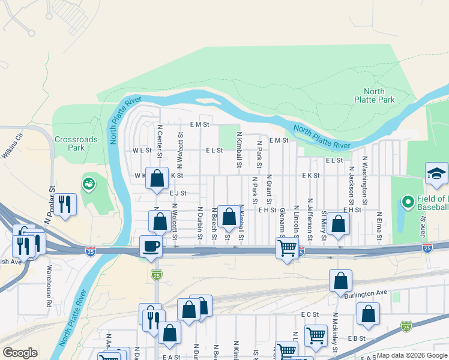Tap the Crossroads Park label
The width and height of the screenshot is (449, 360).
tap(76, 143)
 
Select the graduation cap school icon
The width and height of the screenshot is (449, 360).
tap(436, 174)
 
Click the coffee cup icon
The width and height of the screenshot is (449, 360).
tap(151, 246)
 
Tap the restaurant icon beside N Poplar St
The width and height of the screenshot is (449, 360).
tap(65, 205)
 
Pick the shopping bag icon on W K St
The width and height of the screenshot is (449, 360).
tap(157, 179)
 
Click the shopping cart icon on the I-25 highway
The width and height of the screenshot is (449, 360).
tap(288, 247)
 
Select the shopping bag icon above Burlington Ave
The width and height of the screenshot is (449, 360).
tap(340, 281)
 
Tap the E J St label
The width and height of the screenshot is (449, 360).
tap(178, 193)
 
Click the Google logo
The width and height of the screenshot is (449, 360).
tap(19, 353)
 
